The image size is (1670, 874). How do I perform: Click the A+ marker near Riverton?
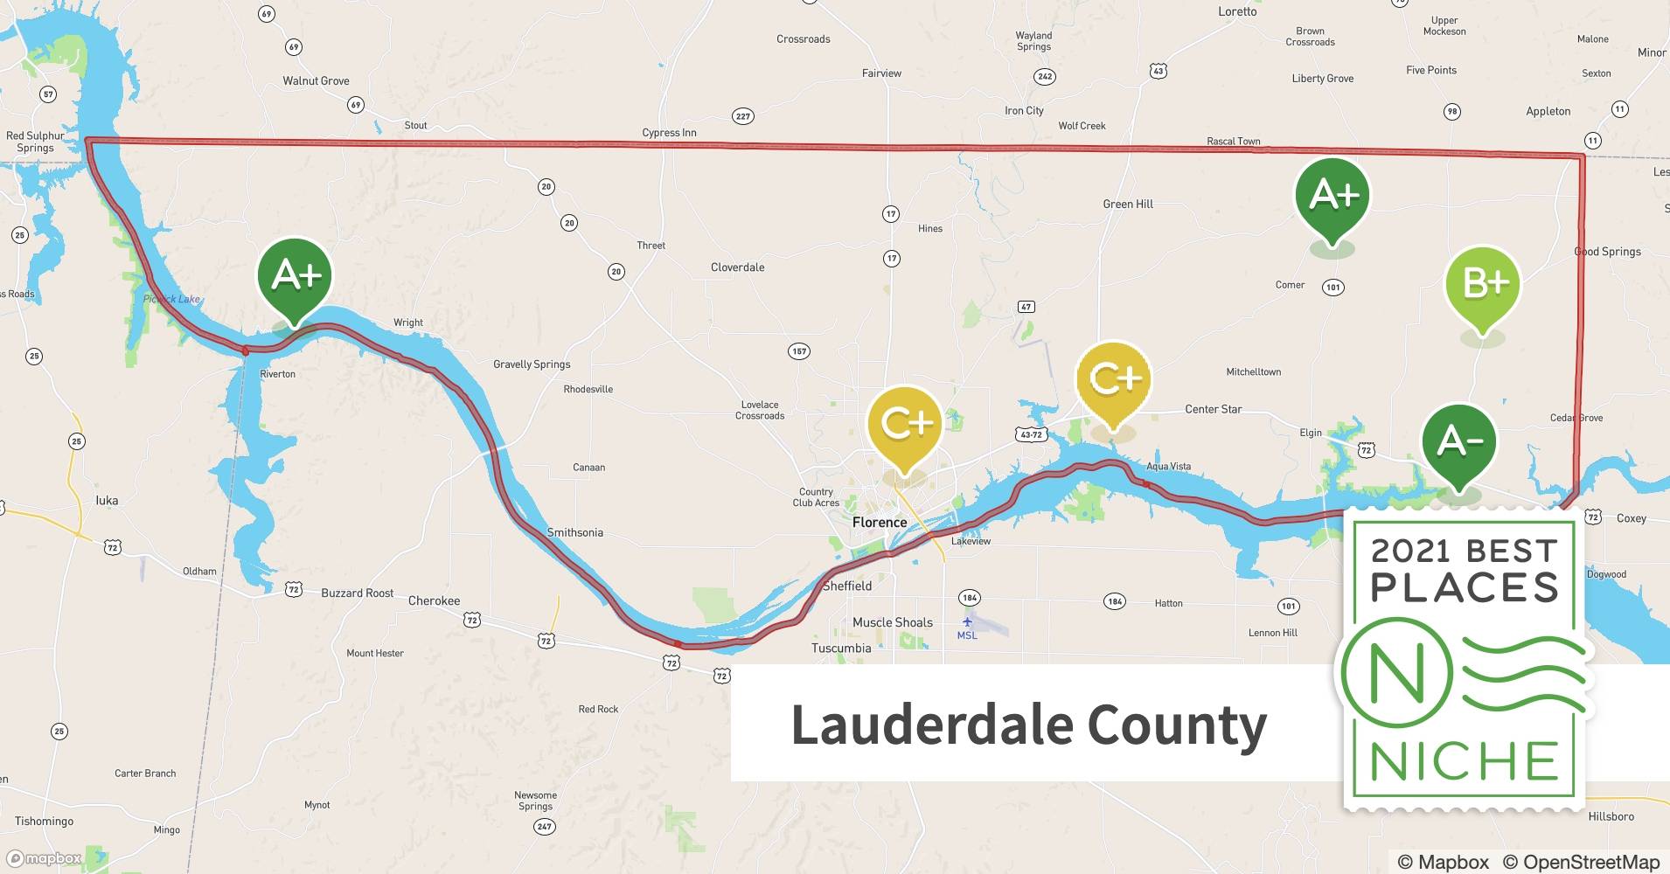[x=295, y=275]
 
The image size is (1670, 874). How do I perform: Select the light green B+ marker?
[x=1483, y=284]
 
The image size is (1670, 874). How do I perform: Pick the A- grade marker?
[x=1458, y=442]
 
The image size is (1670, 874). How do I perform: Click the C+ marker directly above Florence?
[x=905, y=425]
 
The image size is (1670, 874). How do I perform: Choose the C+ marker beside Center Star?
[x=1114, y=379]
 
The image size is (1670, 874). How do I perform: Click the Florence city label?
[x=880, y=523]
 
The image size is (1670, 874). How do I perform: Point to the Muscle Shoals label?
[x=892, y=622]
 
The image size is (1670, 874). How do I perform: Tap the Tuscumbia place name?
[x=841, y=649]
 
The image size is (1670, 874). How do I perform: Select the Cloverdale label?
[x=737, y=267]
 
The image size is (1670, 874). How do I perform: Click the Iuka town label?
[x=107, y=501]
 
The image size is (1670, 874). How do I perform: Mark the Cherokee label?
[x=434, y=601]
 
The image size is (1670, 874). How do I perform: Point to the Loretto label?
[x=1237, y=11]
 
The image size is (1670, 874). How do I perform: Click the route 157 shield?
[x=798, y=351]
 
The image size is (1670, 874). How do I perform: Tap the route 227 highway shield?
[x=742, y=116]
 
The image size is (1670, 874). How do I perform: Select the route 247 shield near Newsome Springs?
[x=545, y=826]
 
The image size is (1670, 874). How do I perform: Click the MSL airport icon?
[x=967, y=622]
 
